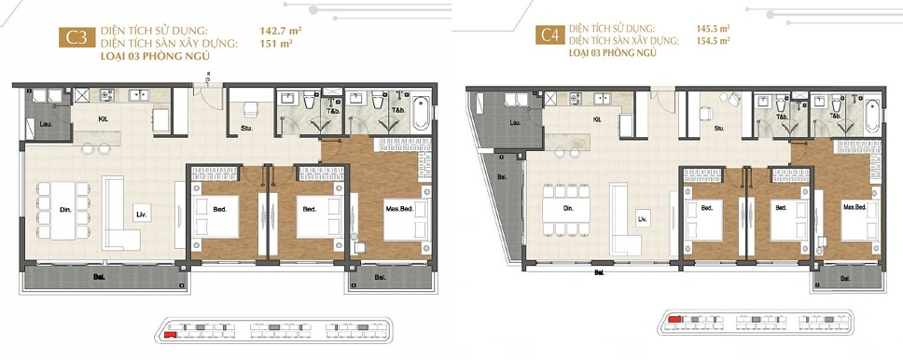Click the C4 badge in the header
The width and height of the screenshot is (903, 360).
coord(549,36)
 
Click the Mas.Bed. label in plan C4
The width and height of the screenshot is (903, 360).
coord(855,207)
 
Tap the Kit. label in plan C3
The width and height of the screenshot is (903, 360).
coord(104,118)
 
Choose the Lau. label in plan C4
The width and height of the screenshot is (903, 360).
coord(514,123)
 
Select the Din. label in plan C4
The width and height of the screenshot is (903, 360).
coord(567,209)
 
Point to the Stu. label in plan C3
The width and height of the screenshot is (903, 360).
coord(247,128)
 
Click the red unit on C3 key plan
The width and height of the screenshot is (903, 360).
coord(170,333)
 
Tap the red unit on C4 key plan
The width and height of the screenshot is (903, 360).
coord(674,318)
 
